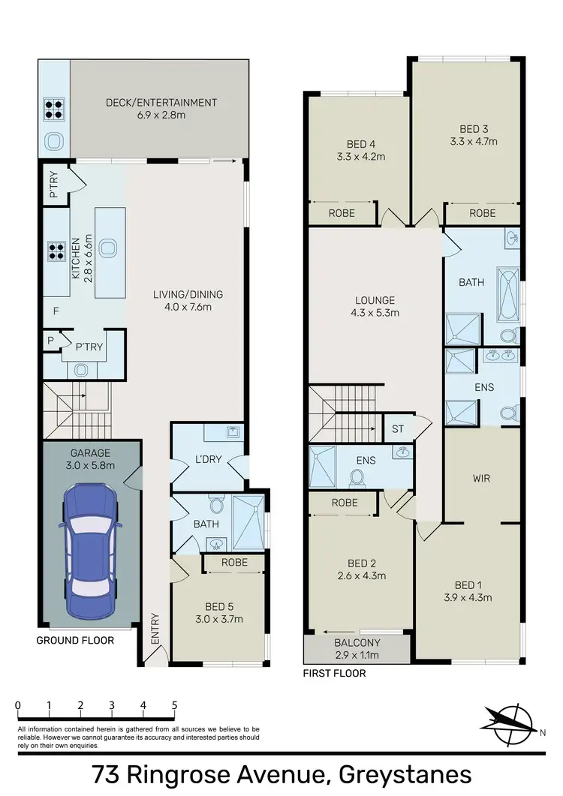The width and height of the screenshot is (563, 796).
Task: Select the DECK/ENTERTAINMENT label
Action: [x=161, y=103]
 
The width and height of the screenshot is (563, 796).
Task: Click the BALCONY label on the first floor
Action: [x=357, y=643]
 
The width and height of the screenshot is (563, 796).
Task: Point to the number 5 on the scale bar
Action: [x=174, y=705]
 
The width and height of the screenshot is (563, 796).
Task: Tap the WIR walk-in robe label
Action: [x=481, y=478]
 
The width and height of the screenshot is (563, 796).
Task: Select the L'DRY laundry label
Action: [x=208, y=459]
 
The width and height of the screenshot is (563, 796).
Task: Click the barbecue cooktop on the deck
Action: [x=54, y=110]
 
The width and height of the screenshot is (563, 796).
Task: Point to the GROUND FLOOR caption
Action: [x=75, y=641]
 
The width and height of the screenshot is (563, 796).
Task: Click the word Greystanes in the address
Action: [x=405, y=773]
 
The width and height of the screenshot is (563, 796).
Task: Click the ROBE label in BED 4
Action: [x=342, y=213]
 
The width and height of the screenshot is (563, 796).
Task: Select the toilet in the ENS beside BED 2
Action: [x=357, y=476]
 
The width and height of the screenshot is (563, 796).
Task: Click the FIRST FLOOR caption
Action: [x=334, y=673]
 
